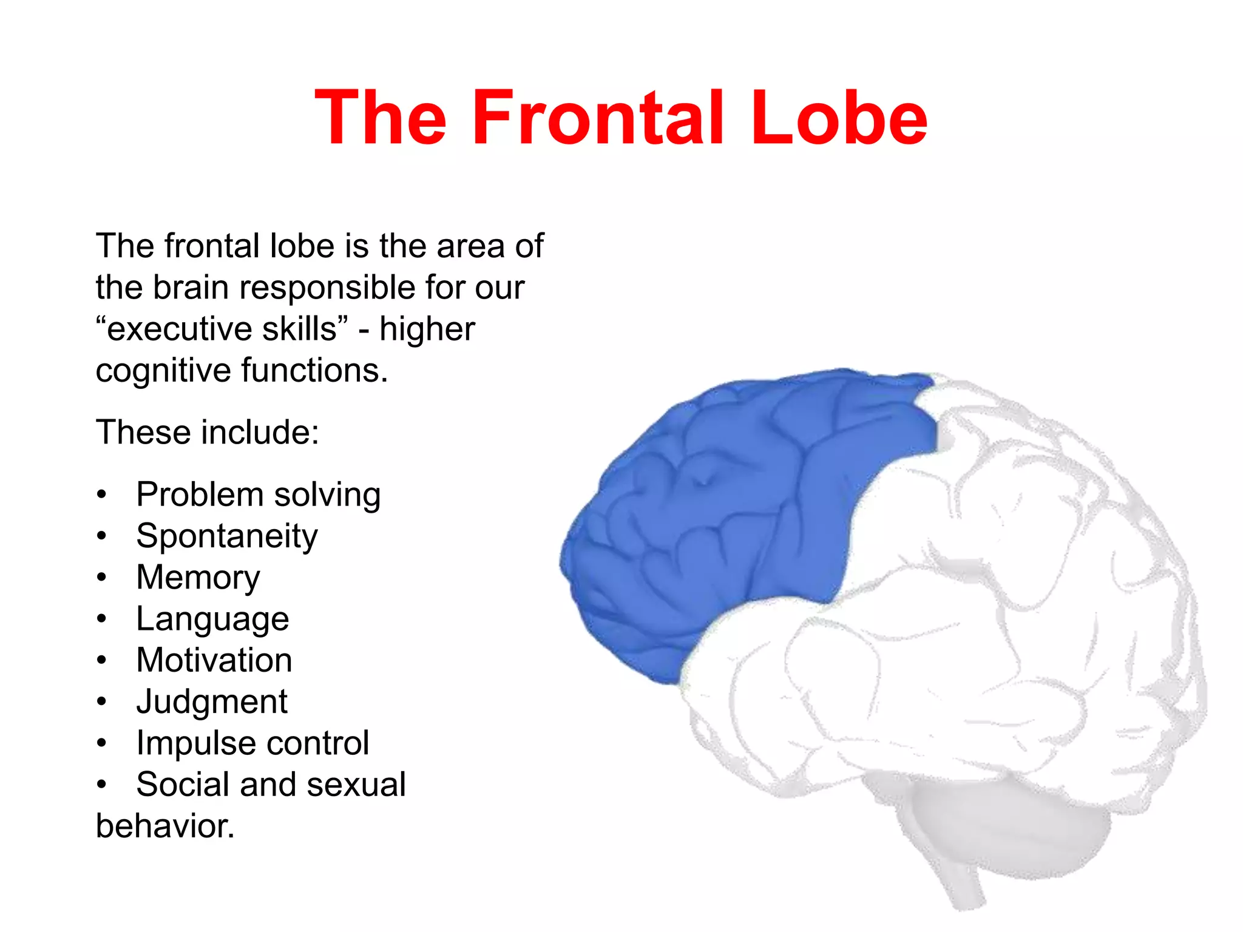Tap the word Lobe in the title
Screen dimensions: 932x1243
coord(839,118)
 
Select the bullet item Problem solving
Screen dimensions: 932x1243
coord(258,495)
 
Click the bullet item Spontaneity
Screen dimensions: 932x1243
coord(226,536)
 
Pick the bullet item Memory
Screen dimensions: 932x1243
coord(198,577)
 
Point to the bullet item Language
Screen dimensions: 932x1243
coord(212,619)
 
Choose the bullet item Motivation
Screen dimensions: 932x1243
coord(214,660)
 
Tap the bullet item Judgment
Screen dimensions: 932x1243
coord(211,702)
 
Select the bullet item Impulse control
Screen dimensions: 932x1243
coord(252,743)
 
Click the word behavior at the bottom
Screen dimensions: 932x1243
coord(164,826)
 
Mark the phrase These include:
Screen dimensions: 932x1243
coord(207,433)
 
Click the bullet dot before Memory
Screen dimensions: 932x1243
coord(101,577)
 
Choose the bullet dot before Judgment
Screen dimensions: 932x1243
coord(101,702)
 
